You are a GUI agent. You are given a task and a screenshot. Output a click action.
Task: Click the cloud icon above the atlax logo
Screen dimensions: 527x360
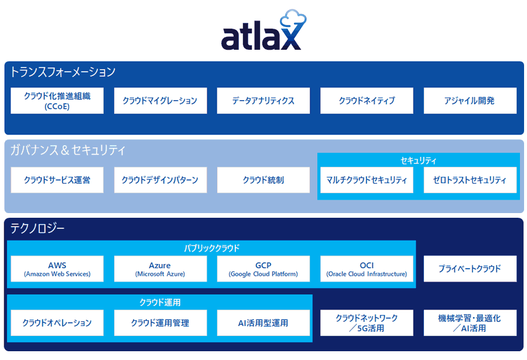click(293, 19)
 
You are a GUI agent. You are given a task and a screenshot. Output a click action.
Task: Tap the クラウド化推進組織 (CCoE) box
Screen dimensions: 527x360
click(57, 101)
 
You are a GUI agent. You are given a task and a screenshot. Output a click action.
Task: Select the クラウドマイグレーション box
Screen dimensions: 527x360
click(160, 101)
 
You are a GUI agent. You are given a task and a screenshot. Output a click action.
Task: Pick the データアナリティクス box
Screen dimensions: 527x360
click(263, 101)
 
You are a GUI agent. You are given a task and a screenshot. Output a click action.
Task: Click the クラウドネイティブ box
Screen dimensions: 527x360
click(367, 101)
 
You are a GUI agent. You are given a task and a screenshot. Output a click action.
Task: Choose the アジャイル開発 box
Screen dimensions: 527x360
click(470, 101)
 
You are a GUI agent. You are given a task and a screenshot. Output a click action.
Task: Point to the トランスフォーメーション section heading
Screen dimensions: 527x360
click(63, 71)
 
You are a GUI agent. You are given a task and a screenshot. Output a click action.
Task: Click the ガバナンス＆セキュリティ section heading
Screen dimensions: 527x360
click(67, 150)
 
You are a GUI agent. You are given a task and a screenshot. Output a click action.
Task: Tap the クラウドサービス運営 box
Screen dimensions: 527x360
click(57, 180)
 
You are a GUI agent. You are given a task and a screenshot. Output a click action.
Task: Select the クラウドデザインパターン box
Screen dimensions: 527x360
click(160, 180)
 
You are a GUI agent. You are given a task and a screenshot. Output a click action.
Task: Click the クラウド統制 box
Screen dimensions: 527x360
click(263, 180)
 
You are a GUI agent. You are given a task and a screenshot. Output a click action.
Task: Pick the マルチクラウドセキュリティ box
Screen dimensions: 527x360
click(367, 180)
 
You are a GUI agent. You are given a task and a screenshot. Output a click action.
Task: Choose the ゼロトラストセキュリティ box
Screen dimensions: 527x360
click(470, 180)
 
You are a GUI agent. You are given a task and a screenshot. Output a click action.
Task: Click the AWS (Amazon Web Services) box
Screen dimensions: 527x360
click(57, 269)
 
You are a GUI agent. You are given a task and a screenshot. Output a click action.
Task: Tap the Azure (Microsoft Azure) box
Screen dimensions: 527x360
click(160, 269)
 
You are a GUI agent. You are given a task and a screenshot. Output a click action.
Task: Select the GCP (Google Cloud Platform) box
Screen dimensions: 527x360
click(263, 269)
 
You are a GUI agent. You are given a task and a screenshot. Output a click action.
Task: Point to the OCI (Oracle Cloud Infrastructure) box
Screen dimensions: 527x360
click(367, 269)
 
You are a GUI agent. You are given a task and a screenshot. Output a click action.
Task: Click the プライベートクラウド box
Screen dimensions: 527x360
click(470, 269)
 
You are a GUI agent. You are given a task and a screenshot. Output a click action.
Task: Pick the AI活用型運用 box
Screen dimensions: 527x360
click(263, 323)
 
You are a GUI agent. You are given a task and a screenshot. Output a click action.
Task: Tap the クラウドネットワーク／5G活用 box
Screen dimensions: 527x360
click(367, 323)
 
